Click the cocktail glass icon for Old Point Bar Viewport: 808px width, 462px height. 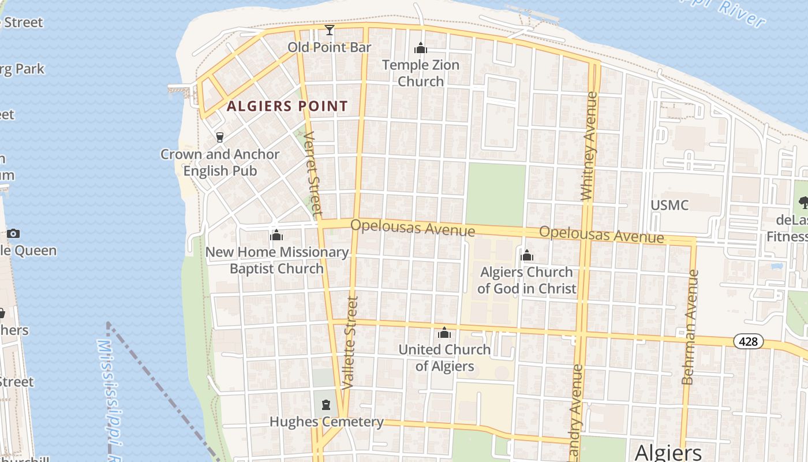(x=330, y=29)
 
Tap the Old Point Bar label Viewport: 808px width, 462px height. (x=329, y=47)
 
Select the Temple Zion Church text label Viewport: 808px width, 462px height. (x=421, y=73)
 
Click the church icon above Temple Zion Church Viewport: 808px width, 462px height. (x=421, y=48)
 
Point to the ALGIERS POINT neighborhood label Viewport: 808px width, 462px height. (x=287, y=106)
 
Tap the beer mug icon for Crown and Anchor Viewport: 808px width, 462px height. (x=219, y=137)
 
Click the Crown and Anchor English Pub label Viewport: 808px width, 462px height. (x=220, y=163)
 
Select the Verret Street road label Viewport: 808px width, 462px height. (x=312, y=173)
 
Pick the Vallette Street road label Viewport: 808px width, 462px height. (x=350, y=342)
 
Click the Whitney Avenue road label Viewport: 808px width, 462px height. (x=589, y=146)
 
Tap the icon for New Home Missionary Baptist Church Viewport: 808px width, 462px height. (x=276, y=236)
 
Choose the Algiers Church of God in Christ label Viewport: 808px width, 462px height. (x=526, y=280)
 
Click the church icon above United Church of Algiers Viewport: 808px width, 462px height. (x=444, y=333)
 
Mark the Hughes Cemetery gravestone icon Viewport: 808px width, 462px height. (x=326, y=405)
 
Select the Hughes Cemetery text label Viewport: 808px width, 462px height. (x=326, y=422)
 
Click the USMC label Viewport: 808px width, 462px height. (x=669, y=206)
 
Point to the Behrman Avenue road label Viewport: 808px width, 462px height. (x=689, y=327)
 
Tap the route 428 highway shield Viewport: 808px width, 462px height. (x=748, y=341)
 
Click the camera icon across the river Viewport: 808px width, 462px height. (x=13, y=234)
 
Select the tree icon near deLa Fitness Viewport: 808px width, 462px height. (x=803, y=202)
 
